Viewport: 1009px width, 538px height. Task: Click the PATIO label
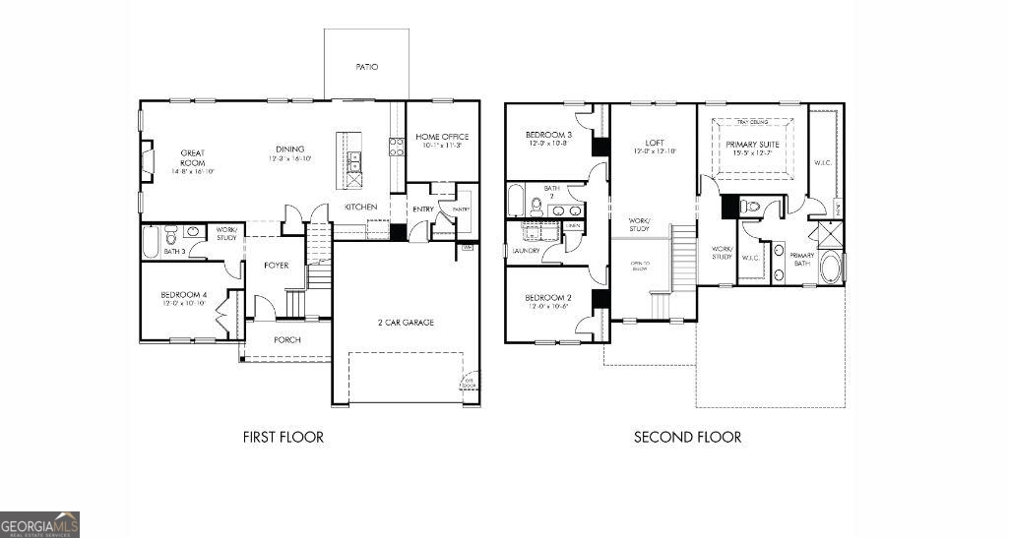(366, 67)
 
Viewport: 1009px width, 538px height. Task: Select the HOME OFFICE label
(442, 137)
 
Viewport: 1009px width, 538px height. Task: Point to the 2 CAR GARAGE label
(406, 323)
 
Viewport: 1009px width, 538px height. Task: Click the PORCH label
(287, 340)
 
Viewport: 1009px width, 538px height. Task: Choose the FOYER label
(277, 266)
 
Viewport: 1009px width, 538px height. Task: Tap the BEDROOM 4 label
(184, 295)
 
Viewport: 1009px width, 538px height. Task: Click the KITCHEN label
(360, 208)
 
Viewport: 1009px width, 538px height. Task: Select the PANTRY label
(461, 209)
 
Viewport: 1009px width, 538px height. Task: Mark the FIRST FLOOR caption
(283, 437)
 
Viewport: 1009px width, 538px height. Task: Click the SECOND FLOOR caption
(687, 437)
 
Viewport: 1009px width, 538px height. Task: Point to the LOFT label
(655, 144)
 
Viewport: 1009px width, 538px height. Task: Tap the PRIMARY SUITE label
(753, 145)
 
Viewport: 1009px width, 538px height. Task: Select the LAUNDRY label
(527, 251)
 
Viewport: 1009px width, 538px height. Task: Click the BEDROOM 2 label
(548, 298)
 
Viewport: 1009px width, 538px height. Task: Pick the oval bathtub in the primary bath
(831, 269)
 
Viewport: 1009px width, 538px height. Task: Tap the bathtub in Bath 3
(151, 242)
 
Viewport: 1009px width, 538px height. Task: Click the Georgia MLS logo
(40, 524)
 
